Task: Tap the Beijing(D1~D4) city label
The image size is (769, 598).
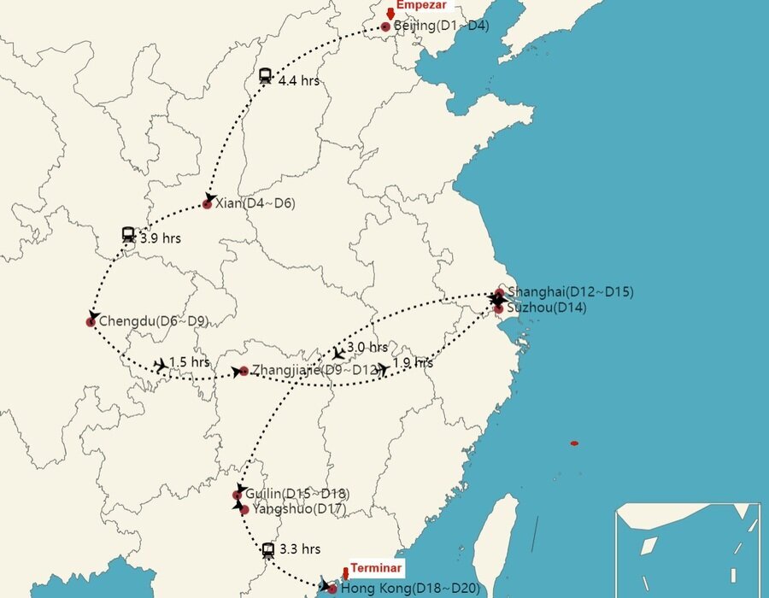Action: point(441,26)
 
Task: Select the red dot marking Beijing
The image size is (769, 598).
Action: point(385,27)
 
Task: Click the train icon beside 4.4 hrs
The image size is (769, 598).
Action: point(265,76)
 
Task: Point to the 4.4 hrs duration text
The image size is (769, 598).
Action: point(299,81)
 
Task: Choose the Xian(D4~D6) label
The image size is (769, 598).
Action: point(255,203)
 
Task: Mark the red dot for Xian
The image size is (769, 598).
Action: point(208,204)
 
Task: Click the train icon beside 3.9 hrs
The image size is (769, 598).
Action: point(128,233)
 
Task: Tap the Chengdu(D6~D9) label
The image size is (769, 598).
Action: point(154,321)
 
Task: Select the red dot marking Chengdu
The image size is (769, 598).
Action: point(91,322)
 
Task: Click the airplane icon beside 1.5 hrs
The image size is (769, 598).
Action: point(161,365)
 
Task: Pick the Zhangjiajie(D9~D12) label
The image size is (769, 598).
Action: point(314,371)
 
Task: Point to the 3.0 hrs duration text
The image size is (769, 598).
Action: point(367,348)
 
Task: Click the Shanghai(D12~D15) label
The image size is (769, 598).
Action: point(570,292)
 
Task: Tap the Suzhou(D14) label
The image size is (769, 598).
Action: point(547,308)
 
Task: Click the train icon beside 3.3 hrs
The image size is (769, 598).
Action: point(268,550)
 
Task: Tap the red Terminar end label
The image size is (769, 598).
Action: point(376,568)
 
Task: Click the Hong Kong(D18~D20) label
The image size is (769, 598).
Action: point(410,589)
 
